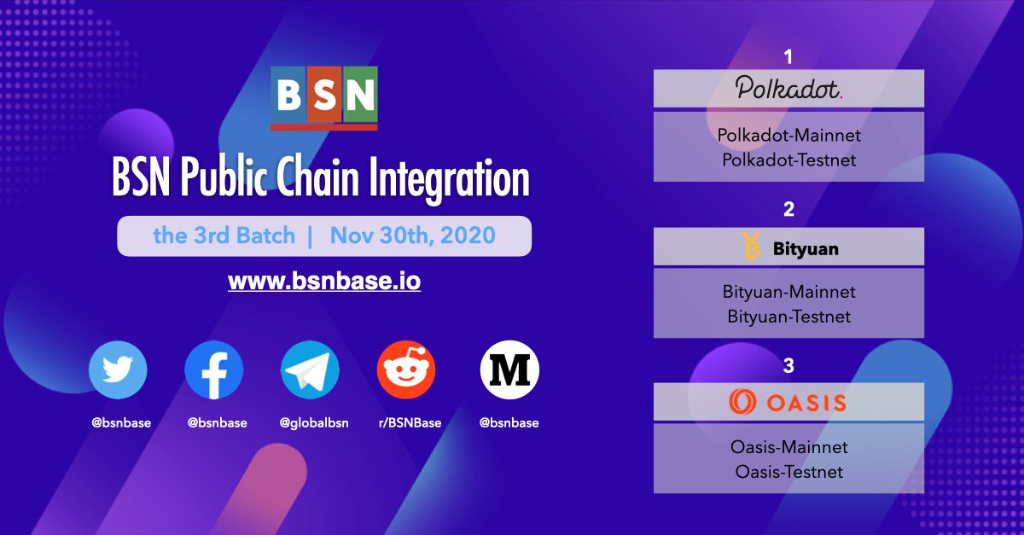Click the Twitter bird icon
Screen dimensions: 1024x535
[118, 369]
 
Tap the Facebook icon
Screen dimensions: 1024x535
[214, 369]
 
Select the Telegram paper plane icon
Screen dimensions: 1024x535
[310, 369]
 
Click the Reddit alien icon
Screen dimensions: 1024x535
[406, 369]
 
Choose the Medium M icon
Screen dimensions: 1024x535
[509, 369]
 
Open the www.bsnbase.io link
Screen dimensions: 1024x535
[324, 281]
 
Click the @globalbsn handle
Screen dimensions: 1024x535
[314, 423]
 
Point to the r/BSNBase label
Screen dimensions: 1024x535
[410, 422]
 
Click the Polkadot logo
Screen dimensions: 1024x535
[789, 87]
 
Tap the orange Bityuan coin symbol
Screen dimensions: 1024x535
[751, 247]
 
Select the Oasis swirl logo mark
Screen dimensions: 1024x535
[742, 402]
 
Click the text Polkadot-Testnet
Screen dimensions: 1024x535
[789, 160]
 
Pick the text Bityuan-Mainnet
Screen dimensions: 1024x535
[789, 292]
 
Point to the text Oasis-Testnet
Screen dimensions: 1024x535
[789, 472]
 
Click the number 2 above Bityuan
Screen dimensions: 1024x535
[789, 209]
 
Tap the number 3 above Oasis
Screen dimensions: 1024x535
[789, 365]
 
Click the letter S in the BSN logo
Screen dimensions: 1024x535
[324, 95]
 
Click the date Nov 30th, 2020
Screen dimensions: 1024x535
[413, 236]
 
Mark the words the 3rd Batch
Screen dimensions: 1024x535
[224, 236]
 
